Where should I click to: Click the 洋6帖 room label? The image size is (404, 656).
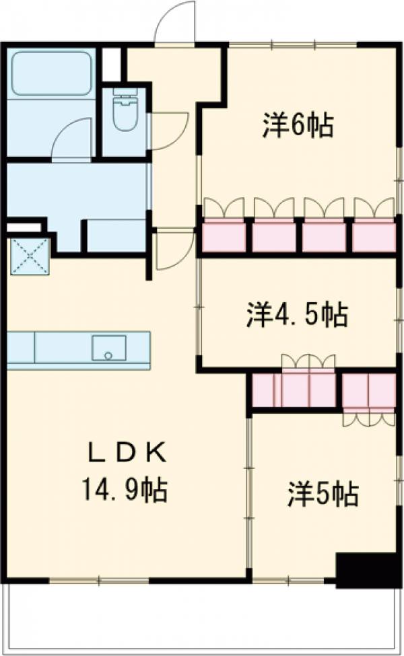297,125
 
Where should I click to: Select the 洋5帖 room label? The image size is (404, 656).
323,495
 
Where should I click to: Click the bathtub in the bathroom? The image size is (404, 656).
52,73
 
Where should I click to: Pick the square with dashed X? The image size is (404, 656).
30,255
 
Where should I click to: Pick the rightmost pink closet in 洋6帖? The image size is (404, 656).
374,236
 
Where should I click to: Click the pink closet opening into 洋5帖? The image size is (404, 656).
368,391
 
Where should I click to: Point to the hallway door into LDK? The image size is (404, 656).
172,249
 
